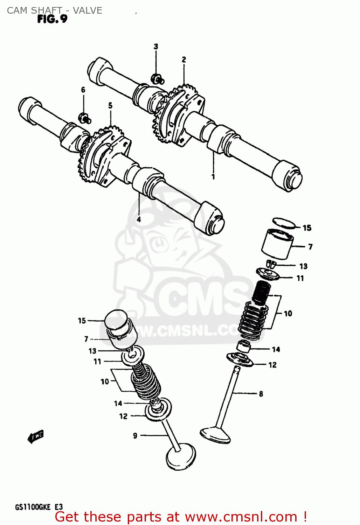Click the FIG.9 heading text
(52, 19)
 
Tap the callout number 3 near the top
(156, 46)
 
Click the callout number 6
(83, 90)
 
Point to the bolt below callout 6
(84, 118)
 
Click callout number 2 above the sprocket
(184, 60)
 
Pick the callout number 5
(110, 105)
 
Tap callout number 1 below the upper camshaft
(213, 177)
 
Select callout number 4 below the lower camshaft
(139, 219)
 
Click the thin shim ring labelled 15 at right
(284, 223)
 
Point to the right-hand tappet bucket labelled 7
(277, 244)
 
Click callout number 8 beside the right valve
(261, 394)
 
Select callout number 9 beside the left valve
(135, 436)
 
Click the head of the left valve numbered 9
(181, 457)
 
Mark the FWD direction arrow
(35, 437)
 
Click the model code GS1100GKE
(33, 507)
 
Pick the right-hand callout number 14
(276, 349)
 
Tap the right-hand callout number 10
(288, 314)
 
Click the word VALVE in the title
(88, 10)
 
